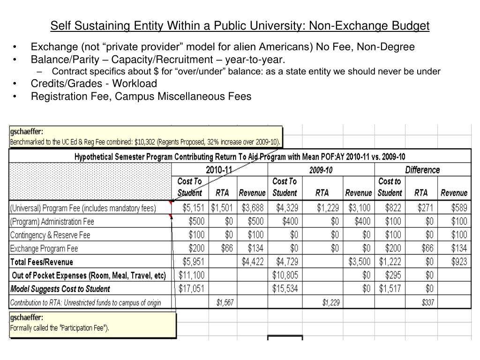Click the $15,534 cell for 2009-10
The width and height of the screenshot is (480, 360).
[x=285, y=289]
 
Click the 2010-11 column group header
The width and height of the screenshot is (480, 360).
[x=219, y=170]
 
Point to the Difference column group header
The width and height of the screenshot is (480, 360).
[x=422, y=170]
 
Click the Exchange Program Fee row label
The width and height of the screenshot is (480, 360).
[x=44, y=248]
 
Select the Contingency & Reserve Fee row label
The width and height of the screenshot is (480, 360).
[x=50, y=235]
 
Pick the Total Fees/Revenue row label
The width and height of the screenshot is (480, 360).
[x=42, y=262]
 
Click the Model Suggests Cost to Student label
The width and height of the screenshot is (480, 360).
[x=60, y=289]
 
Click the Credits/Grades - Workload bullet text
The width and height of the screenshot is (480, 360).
[x=94, y=83]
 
